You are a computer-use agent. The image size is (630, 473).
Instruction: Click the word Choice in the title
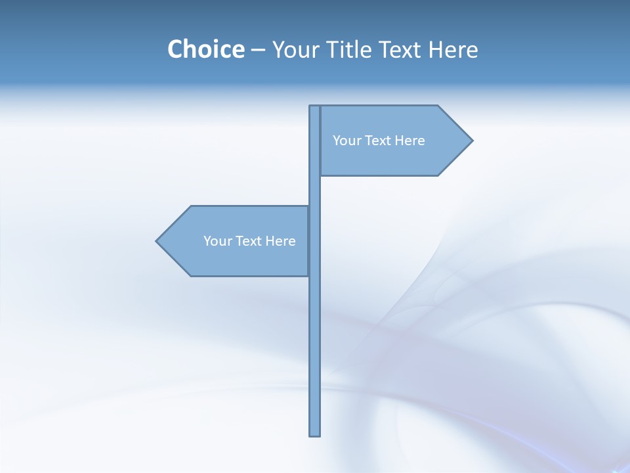tap(205, 49)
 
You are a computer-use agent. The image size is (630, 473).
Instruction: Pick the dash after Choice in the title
tap(258, 51)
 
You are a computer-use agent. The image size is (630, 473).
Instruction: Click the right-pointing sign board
tap(394, 158)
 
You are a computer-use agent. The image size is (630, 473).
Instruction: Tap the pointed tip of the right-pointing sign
tap(471, 140)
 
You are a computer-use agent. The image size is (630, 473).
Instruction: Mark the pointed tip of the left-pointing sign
tap(157, 241)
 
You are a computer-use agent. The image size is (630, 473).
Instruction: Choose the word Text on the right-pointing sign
tap(377, 141)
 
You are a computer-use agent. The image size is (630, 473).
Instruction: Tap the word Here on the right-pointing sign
tap(410, 141)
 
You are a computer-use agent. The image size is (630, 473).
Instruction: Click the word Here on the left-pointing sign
tap(281, 241)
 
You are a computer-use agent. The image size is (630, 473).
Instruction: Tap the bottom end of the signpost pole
tap(315, 434)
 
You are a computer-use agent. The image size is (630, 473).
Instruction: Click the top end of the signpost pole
tap(315, 108)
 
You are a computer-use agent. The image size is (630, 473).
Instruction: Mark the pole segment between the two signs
tap(315, 191)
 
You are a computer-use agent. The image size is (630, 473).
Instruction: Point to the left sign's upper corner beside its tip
tap(191, 207)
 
